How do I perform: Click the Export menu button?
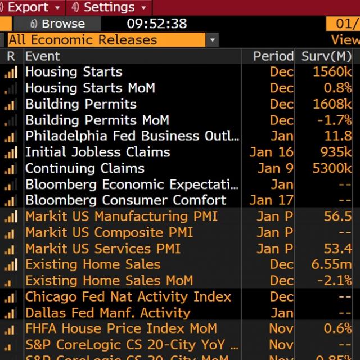[33, 8]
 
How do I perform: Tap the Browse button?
[58, 24]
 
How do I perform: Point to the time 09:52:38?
[156, 24]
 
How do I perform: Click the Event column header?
[42, 56]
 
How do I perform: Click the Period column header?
[273, 56]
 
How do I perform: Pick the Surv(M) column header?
[326, 56]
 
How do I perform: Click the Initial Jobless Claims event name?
[97, 152]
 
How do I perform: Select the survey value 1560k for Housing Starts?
[332, 72]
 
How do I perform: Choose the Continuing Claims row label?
[84, 168]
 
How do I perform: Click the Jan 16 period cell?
[272, 152]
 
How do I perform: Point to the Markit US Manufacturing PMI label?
[121, 217]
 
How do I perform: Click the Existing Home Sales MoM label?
[109, 281]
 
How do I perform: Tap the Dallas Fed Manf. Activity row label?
[107, 313]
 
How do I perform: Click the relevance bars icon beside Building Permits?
[11, 104]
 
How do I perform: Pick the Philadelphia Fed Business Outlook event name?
[132, 136]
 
